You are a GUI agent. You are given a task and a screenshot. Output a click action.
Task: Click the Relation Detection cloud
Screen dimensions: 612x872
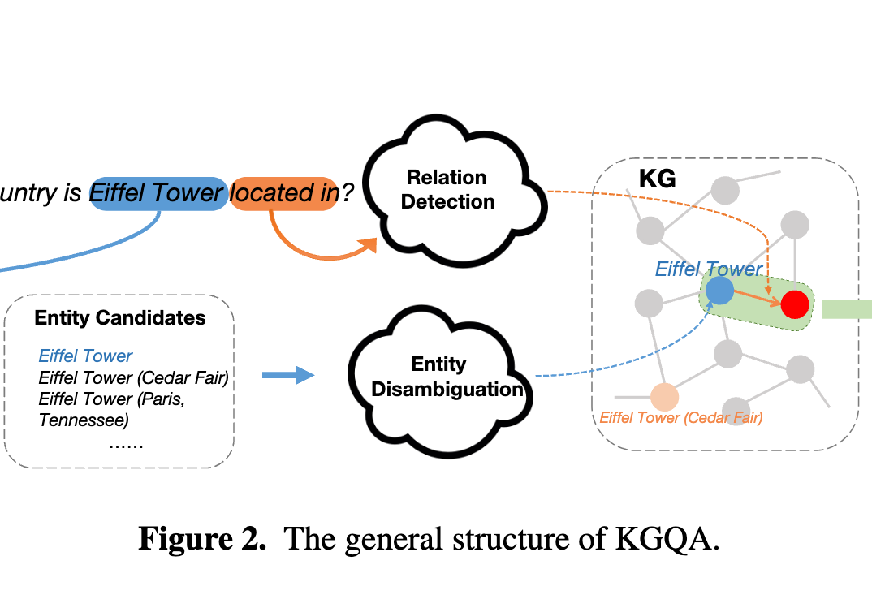[447, 189]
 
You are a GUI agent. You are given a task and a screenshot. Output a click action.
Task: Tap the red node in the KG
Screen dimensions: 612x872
[795, 304]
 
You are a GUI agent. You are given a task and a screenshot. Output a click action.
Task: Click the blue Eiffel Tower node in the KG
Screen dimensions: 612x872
[719, 290]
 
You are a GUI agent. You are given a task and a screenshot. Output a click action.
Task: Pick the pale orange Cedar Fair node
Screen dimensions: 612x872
[664, 397]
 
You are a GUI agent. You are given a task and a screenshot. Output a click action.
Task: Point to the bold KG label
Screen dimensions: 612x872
[657, 179]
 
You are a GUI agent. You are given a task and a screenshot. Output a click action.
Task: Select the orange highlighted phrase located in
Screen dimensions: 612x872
[283, 193]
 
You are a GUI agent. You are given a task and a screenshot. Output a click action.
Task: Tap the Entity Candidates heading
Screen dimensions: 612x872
[120, 317]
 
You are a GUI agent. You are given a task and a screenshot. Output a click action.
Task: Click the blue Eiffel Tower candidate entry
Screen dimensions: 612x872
[85, 356]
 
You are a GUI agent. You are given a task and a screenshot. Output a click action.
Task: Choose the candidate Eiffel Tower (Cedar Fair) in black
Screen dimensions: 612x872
[133, 377]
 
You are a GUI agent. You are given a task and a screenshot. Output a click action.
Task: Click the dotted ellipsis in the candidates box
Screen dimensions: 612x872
[125, 444]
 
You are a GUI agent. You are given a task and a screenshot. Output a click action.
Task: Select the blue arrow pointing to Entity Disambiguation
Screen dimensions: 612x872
[288, 375]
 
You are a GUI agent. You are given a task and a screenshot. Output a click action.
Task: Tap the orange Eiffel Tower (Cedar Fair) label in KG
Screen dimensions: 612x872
[680, 418]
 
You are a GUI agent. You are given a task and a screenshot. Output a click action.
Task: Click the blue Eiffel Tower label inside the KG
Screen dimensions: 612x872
[708, 269]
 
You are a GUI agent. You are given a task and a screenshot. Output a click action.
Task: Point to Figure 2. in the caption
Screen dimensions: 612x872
[202, 540]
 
